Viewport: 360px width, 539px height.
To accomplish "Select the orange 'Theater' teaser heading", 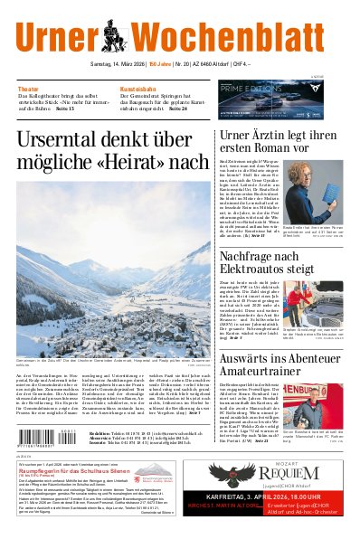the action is pos(28,90).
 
